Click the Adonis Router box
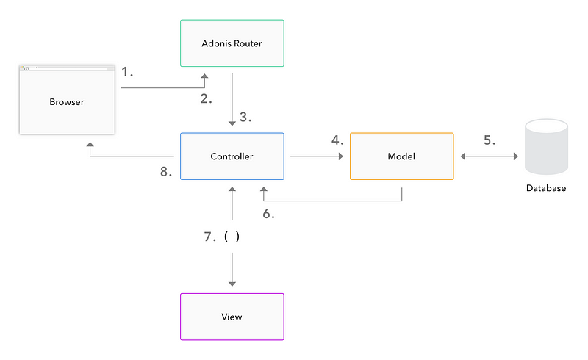[232, 43]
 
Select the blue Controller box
[232, 156]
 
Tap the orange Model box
[401, 156]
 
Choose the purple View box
[232, 317]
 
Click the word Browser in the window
[67, 102]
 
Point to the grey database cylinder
[546, 147]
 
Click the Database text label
[546, 188]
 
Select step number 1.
[127, 71]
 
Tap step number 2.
[206, 98]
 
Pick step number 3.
[245, 117]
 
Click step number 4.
[337, 140]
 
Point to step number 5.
[490, 140]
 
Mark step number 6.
[268, 214]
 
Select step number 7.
[210, 237]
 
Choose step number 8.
[166, 172]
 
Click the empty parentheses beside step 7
[232, 237]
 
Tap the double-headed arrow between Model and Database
[490, 156]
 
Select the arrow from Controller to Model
[317, 156]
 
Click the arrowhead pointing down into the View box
[232, 284]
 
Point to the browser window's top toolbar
[67, 68]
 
